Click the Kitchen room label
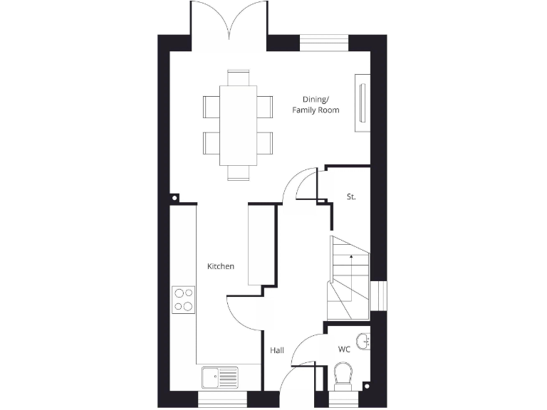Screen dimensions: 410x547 click(x=220, y=266)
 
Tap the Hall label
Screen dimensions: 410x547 click(x=277, y=350)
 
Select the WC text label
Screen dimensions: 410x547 click(x=344, y=349)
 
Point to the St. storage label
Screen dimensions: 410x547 click(x=351, y=196)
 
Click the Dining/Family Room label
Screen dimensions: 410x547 click(x=316, y=105)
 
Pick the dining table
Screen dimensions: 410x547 click(x=238, y=125)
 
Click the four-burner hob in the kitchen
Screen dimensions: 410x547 click(x=184, y=299)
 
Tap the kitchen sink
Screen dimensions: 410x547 click(x=219, y=375)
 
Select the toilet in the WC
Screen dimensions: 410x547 click(x=343, y=376)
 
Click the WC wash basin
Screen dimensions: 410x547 click(x=365, y=341)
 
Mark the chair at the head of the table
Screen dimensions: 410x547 click(x=238, y=77)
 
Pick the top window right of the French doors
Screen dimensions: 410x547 click(x=324, y=42)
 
